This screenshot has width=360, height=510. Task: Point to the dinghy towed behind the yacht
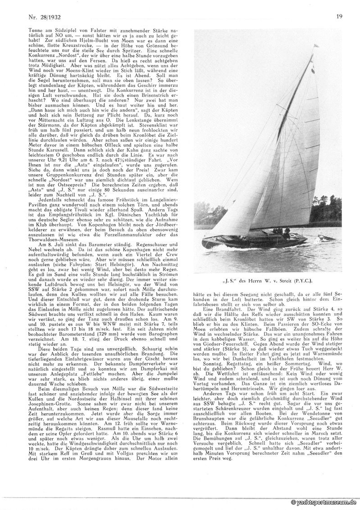point(325,237)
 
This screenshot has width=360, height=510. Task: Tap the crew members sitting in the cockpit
point(281,232)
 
